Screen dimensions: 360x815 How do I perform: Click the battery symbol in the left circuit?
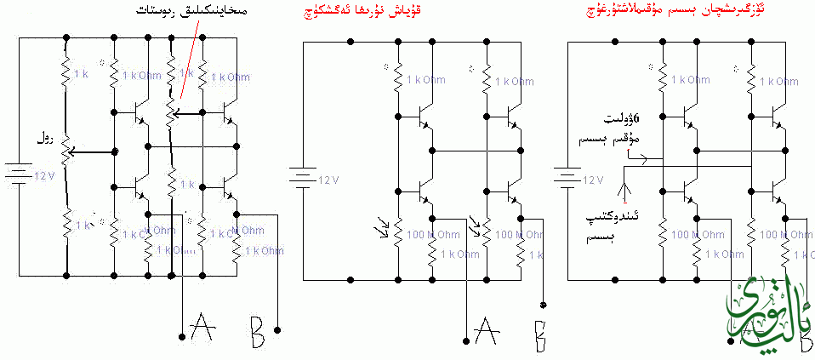[18, 175]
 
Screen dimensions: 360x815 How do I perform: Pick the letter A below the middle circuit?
[486, 327]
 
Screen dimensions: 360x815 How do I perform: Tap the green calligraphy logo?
[771, 316]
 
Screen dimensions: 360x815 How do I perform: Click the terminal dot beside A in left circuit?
[182, 338]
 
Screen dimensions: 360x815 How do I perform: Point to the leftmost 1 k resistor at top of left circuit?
[66, 75]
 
